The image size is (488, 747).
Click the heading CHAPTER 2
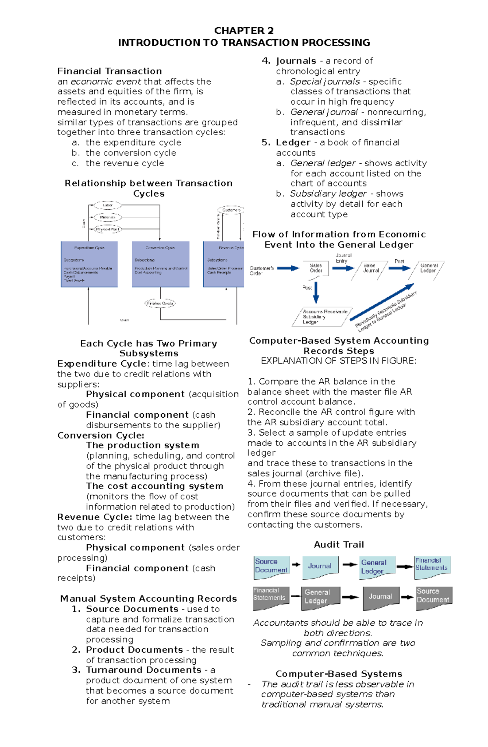coord(244,31)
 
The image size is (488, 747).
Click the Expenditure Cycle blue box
coord(89,264)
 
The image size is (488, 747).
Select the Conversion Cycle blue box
coord(161,264)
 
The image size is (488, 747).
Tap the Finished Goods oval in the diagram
coord(160,303)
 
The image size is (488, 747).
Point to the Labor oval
coord(107,205)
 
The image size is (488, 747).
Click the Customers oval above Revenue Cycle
coord(231,210)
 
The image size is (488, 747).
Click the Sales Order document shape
coord(316,269)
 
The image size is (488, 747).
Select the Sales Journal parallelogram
coord(370,269)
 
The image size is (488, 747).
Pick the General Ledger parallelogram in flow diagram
coord(428,269)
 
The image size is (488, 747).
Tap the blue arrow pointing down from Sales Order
coord(316,292)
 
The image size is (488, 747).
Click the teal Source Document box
coord(271,566)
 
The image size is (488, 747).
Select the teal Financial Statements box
coord(432,565)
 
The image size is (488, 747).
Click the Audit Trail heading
coord(339,545)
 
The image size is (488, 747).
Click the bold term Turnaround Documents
coord(144,670)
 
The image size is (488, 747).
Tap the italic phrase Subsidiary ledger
coord(328,194)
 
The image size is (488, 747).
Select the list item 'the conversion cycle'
coord(131,153)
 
